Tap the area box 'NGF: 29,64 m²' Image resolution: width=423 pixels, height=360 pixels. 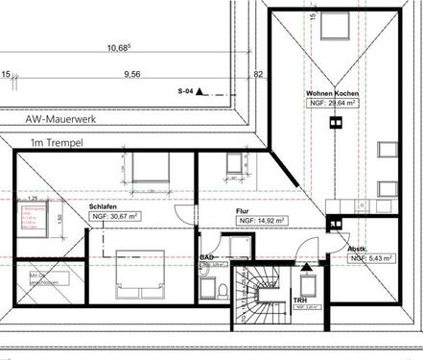point(331,101)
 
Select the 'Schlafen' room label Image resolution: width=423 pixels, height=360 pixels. point(104,206)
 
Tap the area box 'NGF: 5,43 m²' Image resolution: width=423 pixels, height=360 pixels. point(372,258)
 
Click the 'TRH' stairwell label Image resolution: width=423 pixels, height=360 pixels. point(300,300)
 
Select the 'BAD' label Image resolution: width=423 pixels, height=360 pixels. point(205,258)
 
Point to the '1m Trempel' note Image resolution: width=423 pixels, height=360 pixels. point(55,144)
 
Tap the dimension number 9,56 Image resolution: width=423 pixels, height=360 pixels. point(131,73)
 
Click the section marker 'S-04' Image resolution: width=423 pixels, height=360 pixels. point(186,91)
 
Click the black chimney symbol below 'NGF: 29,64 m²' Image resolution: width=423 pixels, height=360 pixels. point(335,121)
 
